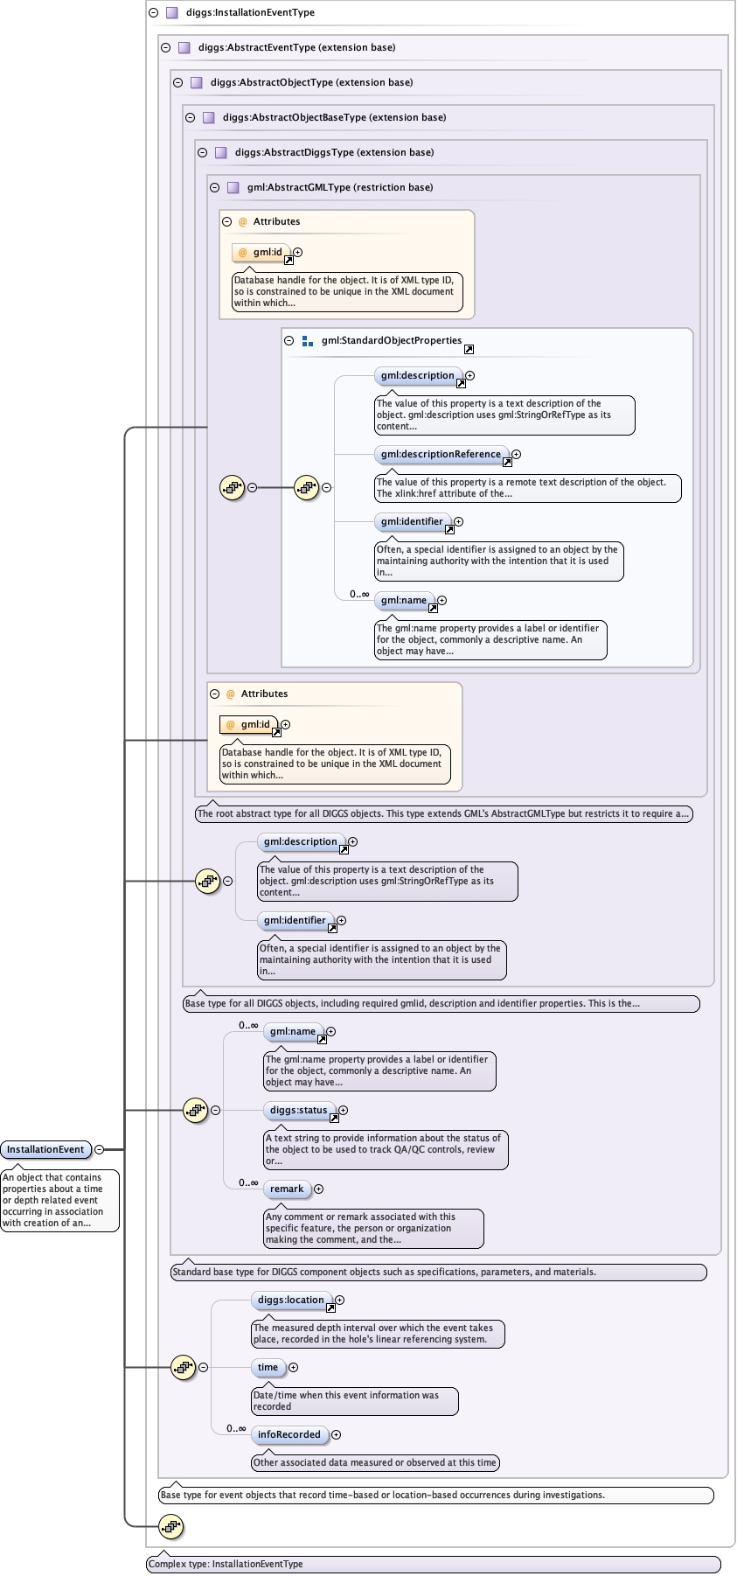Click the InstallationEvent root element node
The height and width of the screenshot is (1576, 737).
[45, 1149]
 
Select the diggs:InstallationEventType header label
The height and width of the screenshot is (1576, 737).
[250, 12]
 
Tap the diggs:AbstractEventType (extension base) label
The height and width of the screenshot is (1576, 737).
[296, 47]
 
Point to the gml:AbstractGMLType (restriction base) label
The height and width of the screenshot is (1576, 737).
[339, 187]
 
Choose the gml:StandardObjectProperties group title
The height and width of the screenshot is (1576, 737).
[391, 340]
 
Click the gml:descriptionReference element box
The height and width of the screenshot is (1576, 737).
[441, 454]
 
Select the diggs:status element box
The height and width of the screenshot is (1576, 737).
[298, 1110]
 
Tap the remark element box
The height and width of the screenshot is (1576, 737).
[287, 1189]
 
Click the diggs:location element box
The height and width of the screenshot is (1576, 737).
[290, 1300]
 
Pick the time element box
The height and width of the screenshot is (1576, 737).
[268, 1367]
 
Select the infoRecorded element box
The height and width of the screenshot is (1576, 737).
[289, 1434]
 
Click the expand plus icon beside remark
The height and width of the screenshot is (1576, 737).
[318, 1189]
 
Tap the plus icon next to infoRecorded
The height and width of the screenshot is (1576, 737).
[336, 1434]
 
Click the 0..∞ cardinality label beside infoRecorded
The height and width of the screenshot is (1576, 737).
[236, 1428]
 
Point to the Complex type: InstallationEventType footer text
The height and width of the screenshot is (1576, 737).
[226, 1564]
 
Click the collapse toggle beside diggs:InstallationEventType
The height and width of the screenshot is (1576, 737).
[153, 12]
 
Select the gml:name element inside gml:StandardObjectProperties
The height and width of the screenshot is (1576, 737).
[403, 600]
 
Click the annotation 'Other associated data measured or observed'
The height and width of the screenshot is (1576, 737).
[374, 1462]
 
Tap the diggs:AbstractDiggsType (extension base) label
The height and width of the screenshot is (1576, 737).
[334, 152]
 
